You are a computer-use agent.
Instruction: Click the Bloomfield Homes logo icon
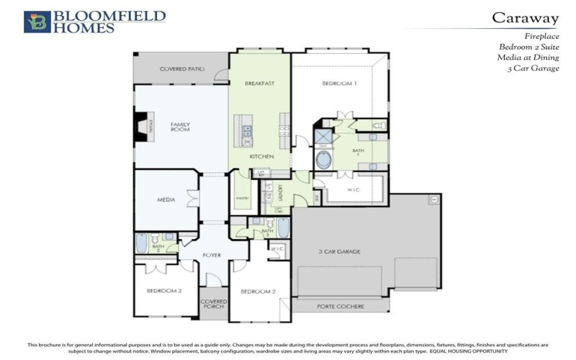point(37,22)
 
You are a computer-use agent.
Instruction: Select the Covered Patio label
point(181,69)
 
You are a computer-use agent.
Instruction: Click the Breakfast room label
point(259,84)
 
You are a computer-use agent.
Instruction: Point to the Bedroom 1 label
point(338,84)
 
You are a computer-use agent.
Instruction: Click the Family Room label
point(180,127)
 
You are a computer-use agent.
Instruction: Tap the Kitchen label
point(260,156)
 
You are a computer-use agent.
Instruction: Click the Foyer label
point(212,256)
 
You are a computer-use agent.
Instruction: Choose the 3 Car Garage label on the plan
point(339,251)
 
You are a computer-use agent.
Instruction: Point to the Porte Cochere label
point(341,306)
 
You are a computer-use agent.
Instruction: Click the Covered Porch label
point(214,304)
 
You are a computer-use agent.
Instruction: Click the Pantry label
point(243,199)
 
